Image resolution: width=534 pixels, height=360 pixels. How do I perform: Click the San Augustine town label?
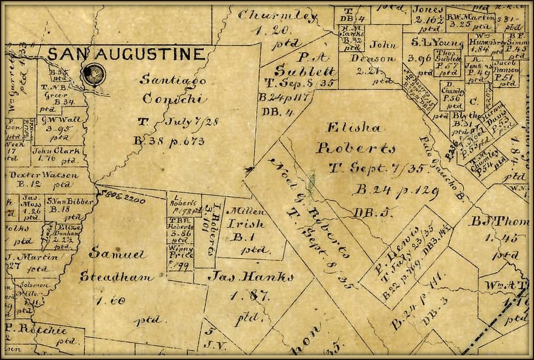[x=126, y=55]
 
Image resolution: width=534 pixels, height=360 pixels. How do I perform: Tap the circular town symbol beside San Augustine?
[x=91, y=73]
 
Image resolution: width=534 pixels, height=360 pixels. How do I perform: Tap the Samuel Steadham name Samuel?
[x=112, y=255]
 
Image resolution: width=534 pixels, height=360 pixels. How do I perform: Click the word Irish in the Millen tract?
[x=250, y=224]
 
